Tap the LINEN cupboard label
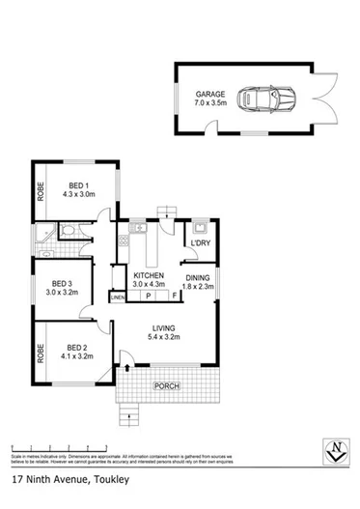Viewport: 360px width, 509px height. pos(118,298)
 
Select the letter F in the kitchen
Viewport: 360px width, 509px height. pos(174,297)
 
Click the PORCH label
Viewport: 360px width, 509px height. pos(163,387)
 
